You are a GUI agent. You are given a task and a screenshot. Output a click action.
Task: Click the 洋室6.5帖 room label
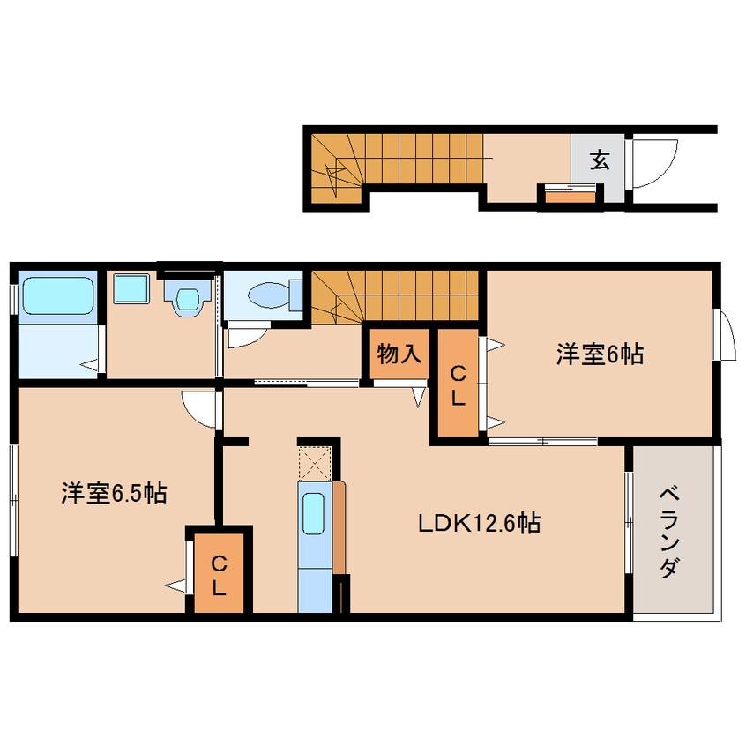pos(114,495)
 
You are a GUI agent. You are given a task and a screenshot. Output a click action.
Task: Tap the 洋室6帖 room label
pos(599,354)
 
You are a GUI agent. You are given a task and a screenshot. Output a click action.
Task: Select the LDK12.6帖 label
pos(479,524)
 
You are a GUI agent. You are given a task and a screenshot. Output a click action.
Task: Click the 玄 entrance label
pos(600,160)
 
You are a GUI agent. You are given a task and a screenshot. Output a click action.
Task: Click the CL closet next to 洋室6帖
pos(459,384)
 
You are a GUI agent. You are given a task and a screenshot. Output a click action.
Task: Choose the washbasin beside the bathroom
pos(188,297)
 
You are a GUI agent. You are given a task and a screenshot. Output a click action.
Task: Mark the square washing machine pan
pos(131,288)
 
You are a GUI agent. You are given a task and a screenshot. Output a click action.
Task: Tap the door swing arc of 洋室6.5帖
pos(199,410)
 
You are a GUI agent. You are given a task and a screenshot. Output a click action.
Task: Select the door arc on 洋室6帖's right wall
pos(727,335)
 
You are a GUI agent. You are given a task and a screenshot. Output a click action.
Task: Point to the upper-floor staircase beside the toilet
pos(395,295)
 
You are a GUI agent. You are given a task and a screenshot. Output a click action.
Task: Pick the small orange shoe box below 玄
pos(570,195)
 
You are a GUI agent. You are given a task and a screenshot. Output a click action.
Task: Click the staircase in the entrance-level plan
pos(397,158)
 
